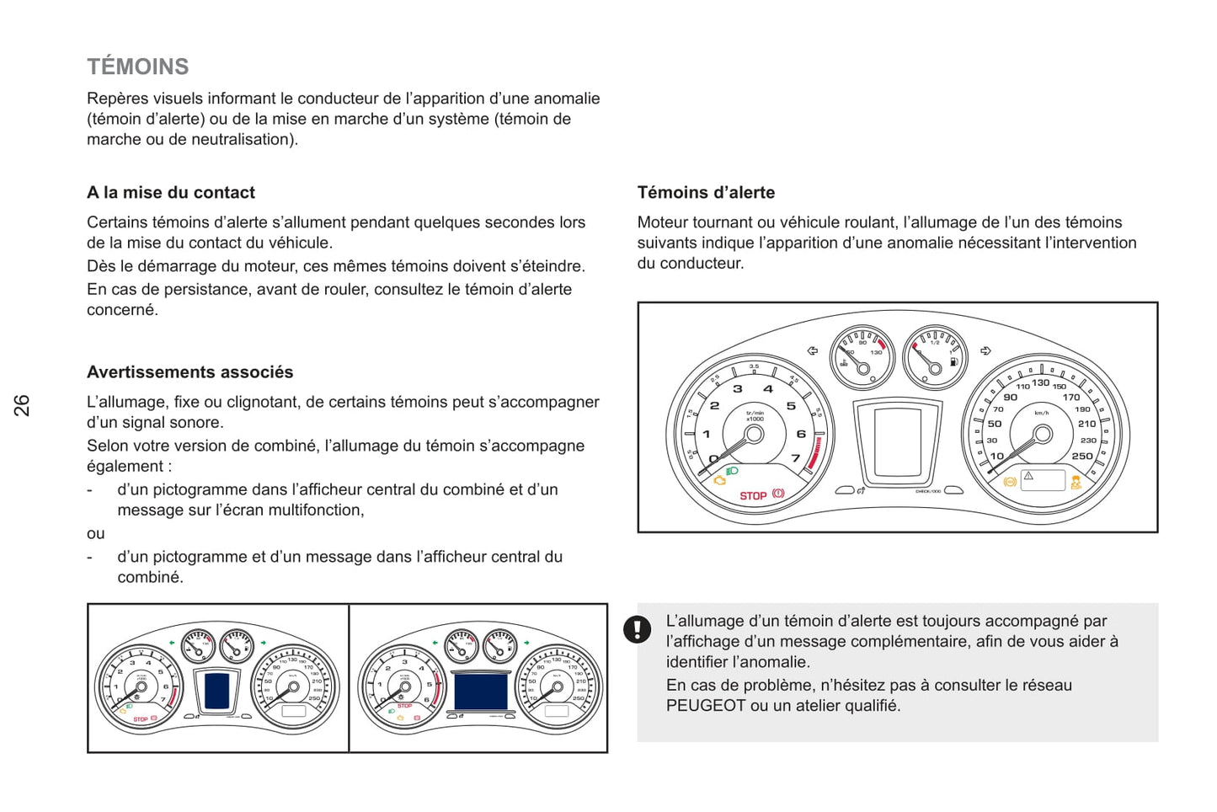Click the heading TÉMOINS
coord(138,67)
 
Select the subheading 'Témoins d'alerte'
coord(706,192)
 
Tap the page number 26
coord(22,405)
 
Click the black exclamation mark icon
coord(638,628)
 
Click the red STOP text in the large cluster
coord(753,495)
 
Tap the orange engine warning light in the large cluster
coord(720,480)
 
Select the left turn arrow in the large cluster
coord(812,350)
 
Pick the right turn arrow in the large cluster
coord(985,350)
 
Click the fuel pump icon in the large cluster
coord(953,361)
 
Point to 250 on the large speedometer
coord(1082,456)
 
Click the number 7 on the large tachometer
coord(795,458)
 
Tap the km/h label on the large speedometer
coord(1042,413)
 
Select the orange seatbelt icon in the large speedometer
coord(1076,482)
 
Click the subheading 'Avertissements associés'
coord(190,372)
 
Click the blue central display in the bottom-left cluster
coord(216,691)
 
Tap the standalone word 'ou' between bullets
coord(96,533)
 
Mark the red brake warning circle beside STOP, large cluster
coord(778,494)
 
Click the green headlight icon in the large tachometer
coord(732,471)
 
